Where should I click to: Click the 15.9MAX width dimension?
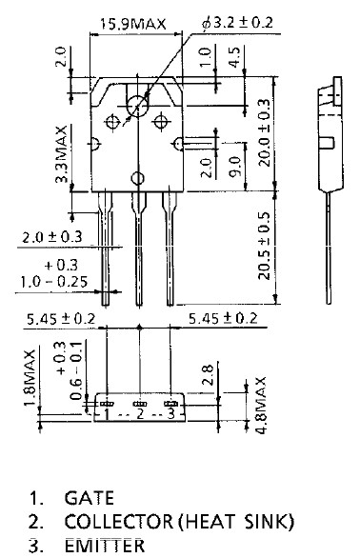132,24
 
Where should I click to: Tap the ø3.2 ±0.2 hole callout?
237,23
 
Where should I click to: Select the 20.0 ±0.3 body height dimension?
264,132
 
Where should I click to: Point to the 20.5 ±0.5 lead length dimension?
264,246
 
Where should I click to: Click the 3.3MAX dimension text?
62,153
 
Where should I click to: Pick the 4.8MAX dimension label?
261,405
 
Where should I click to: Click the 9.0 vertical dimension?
235,167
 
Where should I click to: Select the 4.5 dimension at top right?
235,57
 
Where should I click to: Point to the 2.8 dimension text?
208,375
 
